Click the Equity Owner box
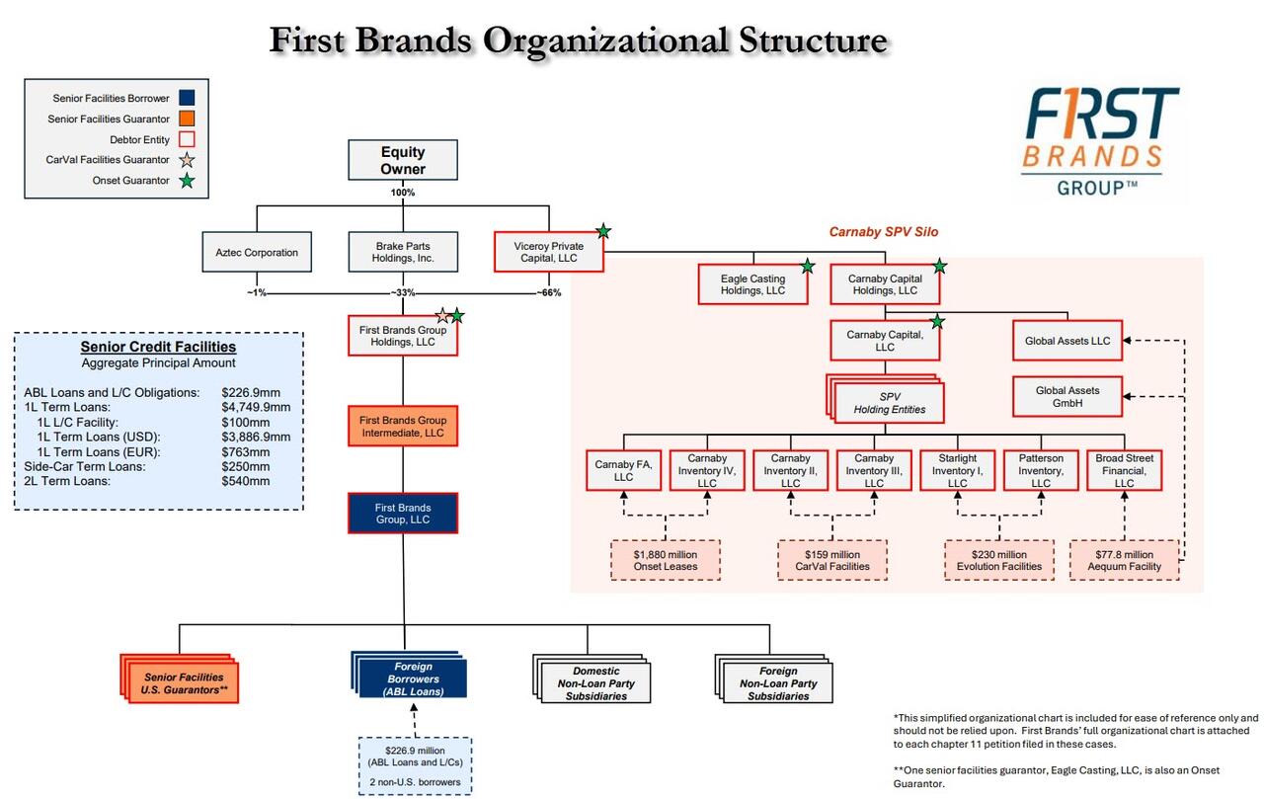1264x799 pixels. [402, 160]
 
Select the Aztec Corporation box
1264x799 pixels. [257, 253]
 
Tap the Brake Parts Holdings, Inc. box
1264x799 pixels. [403, 253]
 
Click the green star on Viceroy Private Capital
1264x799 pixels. [603, 231]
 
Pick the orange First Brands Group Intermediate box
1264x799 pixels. [403, 427]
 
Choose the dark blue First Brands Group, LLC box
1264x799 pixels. [403, 514]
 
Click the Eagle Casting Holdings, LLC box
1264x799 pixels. [753, 285]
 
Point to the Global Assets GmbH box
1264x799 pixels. [1066, 397]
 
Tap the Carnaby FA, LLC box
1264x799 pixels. [623, 470]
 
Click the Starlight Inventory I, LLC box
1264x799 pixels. [957, 470]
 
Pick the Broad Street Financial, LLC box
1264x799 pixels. [1124, 470]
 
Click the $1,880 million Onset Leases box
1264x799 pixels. [666, 561]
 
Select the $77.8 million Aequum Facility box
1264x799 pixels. [1124, 561]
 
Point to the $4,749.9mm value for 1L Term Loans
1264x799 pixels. [256, 407]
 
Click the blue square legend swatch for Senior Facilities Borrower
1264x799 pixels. [188, 99]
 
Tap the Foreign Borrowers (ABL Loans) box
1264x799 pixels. [408, 679]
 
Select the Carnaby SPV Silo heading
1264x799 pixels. [883, 232]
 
